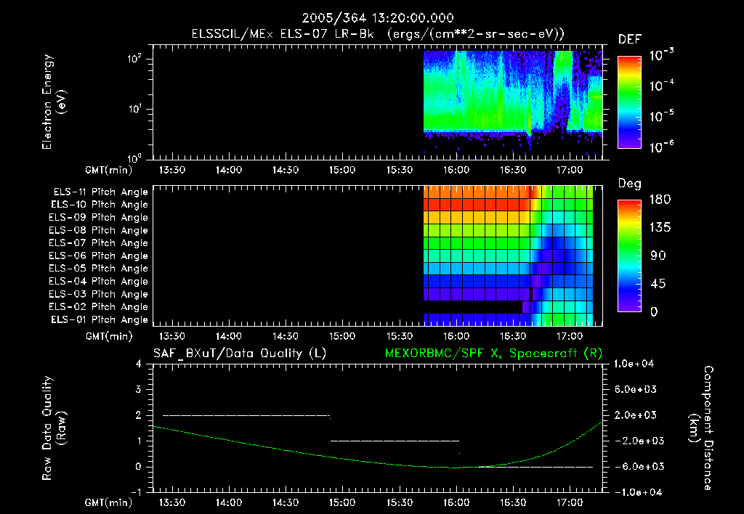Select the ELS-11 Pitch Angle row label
98,192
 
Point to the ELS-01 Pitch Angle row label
98,319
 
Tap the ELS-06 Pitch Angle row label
98,256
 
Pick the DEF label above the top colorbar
629,39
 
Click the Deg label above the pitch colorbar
629,184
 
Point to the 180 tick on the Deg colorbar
656,200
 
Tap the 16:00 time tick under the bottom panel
456,502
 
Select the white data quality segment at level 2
246,415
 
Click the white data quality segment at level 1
395,441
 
